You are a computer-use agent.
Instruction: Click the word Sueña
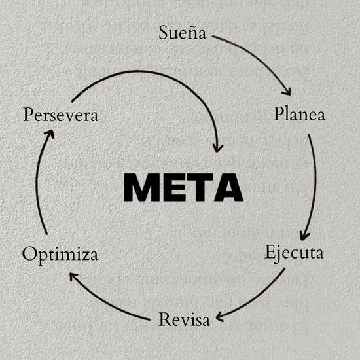click(183, 33)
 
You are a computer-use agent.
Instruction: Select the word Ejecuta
click(294, 253)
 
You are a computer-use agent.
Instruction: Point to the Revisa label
click(184, 320)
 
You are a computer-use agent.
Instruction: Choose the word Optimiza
click(60, 254)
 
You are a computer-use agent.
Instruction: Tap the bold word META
click(183, 188)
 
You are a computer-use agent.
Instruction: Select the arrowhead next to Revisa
click(221, 317)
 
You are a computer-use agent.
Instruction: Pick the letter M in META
click(140, 188)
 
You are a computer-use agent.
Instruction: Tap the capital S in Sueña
click(164, 33)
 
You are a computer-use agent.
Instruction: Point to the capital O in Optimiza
click(29, 254)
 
